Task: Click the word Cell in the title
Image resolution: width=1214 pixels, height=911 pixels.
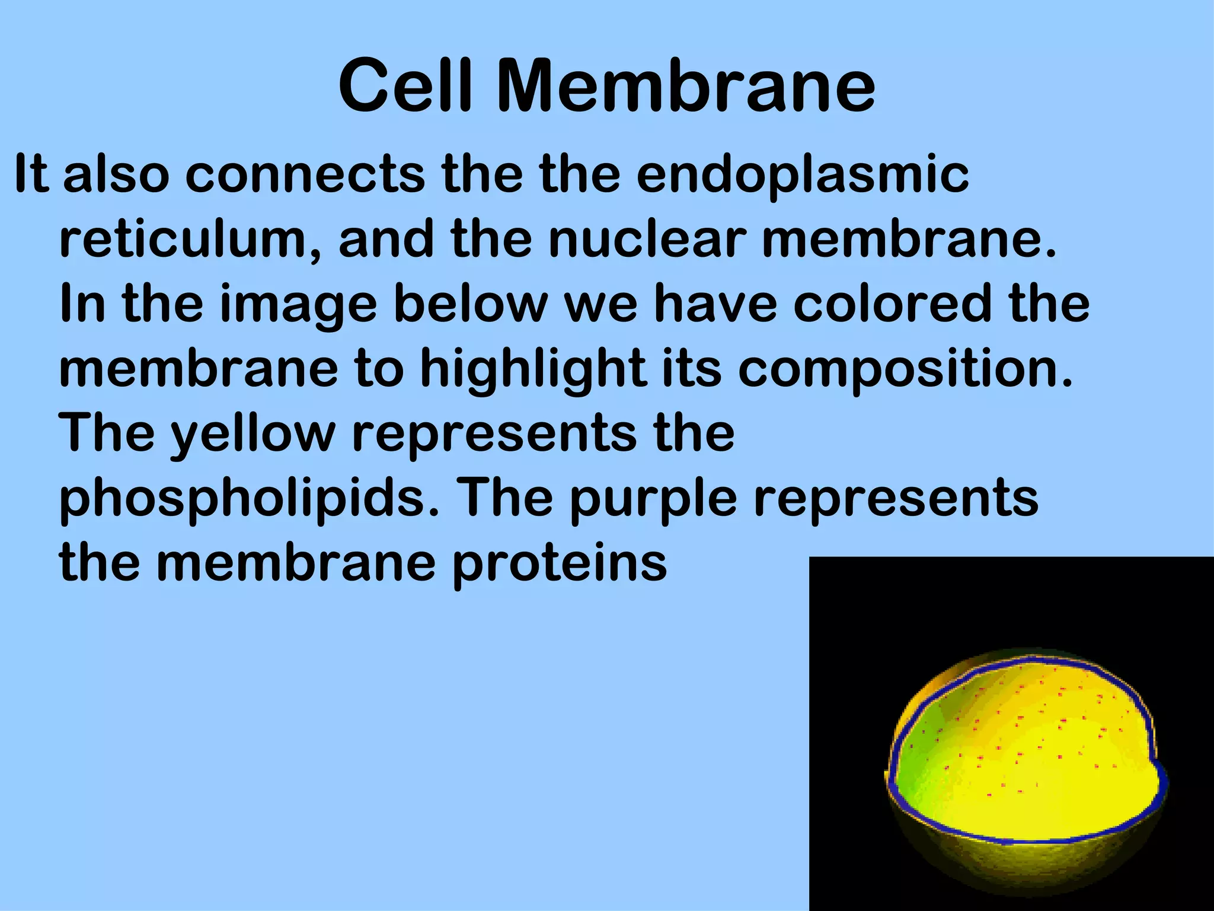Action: [409, 86]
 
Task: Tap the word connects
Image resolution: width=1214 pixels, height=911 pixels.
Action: [305, 175]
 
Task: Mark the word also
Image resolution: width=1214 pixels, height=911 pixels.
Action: [116, 175]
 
